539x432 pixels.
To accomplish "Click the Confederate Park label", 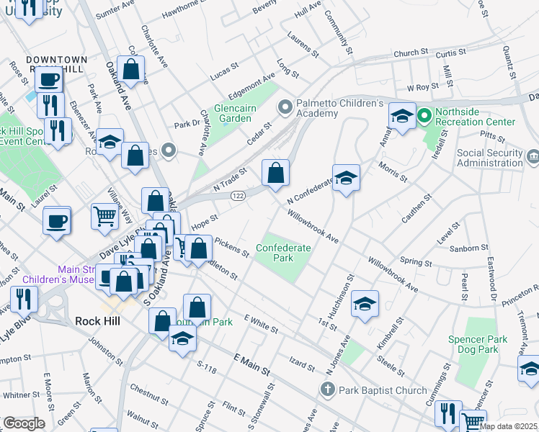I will pos(283,253).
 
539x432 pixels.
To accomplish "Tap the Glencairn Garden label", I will pos(233,113).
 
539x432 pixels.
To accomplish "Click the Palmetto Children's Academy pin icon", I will pos(285,107).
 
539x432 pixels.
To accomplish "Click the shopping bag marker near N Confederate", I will pos(275,174).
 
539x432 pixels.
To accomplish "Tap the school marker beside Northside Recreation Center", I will pos(402,116).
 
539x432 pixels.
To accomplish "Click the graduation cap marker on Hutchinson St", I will pos(365,304).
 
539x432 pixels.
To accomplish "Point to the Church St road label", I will pos(411,54).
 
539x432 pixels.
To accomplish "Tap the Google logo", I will pos(24,423).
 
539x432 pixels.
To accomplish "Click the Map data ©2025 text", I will pos(509,426).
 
